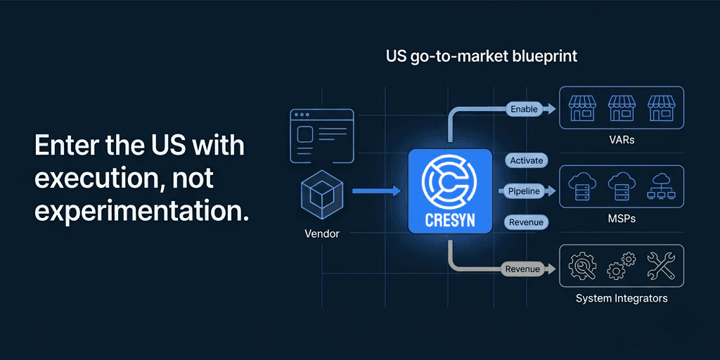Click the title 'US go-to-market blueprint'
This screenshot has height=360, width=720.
click(x=482, y=56)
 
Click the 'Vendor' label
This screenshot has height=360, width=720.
click(x=323, y=233)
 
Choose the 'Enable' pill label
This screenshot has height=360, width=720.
click(x=524, y=109)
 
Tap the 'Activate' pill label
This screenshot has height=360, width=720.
click(x=527, y=160)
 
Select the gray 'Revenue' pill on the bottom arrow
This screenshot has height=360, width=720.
click(x=522, y=269)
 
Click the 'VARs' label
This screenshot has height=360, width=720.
click(x=622, y=140)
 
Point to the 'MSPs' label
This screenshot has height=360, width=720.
click(x=622, y=219)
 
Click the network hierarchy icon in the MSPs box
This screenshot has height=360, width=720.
click(x=662, y=186)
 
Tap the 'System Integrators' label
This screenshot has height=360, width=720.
click(x=622, y=298)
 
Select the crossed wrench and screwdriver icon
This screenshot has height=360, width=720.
click(x=661, y=266)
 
